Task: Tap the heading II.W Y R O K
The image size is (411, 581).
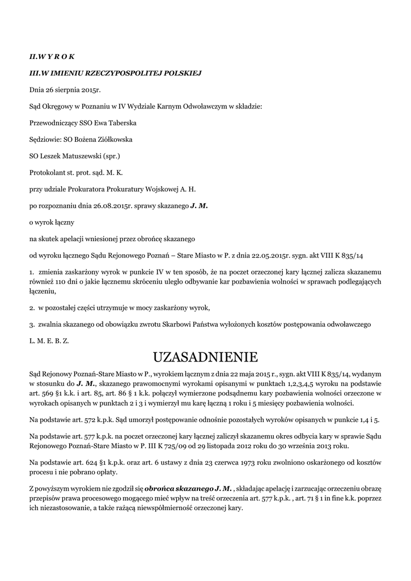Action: [52, 57]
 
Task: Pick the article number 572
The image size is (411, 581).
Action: [83, 420]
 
